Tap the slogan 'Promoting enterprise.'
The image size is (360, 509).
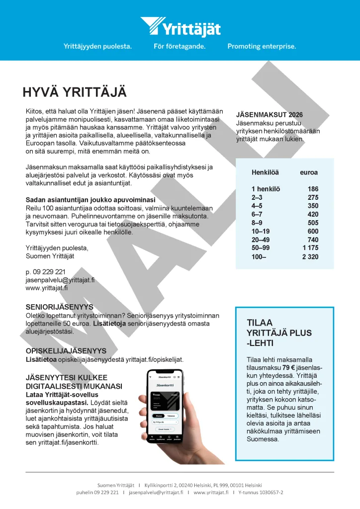point(262,46)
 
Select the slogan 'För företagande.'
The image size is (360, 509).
point(180,46)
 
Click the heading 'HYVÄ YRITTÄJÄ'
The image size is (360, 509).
point(75,92)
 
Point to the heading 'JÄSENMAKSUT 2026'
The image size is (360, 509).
point(269,115)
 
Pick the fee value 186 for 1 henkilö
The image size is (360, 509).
point(313,189)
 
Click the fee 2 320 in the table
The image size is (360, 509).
point(310,257)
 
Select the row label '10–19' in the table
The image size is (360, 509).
point(261,231)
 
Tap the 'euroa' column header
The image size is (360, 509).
point(309,172)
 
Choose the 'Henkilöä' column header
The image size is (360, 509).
point(265,172)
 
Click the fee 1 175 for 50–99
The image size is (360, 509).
point(310,248)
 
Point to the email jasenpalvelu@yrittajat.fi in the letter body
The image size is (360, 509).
point(60,280)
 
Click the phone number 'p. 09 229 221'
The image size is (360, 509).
point(45,272)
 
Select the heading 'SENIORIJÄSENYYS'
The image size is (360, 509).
point(59,307)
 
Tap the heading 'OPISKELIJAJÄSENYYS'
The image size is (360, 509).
point(66,350)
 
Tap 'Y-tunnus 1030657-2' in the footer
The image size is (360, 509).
point(261,492)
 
